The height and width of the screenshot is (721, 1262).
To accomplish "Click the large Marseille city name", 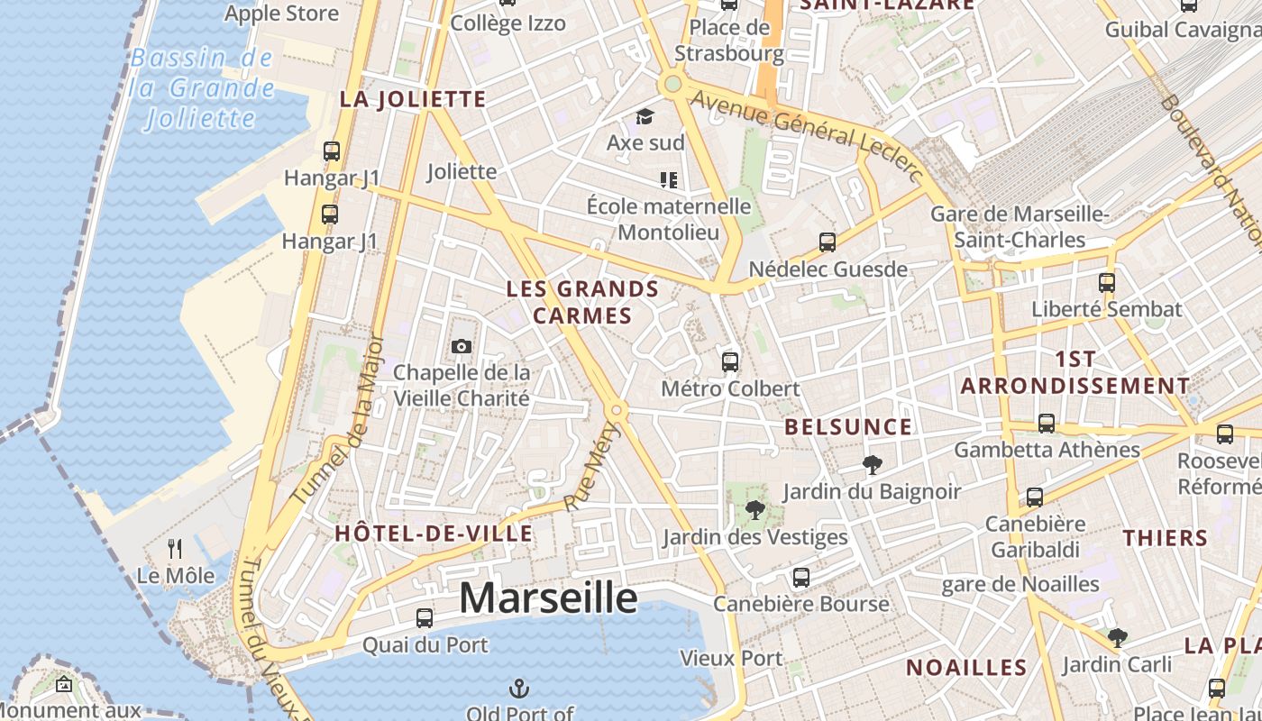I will tap(549, 598).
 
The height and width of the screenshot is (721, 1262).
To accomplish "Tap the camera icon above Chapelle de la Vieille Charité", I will tap(461, 347).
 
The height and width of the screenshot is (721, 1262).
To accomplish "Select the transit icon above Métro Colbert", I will tap(730, 362).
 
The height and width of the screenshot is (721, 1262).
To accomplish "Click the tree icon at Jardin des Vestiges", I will tap(755, 511).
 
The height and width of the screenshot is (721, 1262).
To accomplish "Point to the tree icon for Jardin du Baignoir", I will tap(872, 465).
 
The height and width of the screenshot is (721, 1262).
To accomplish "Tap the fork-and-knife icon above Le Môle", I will tap(176, 548).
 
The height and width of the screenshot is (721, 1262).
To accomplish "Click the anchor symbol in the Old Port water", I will tap(519, 689).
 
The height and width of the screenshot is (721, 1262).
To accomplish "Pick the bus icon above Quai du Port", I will tap(425, 618).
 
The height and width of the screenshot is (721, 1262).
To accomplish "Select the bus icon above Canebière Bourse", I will tap(800, 578).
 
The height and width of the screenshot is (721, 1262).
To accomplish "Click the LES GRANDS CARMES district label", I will tap(582, 302).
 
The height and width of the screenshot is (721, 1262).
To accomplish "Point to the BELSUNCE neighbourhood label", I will tap(848, 427).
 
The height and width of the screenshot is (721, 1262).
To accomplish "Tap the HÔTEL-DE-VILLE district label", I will tap(434, 534).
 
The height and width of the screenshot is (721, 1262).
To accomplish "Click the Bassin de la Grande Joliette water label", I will tap(201, 88).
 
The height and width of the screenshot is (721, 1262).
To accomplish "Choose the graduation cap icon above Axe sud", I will tap(645, 116).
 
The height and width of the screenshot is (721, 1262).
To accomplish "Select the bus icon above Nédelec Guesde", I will tap(828, 242).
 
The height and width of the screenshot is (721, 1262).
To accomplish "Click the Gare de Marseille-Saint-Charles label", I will tap(1019, 227).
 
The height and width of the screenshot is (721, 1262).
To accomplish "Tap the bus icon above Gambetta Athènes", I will tap(1047, 423).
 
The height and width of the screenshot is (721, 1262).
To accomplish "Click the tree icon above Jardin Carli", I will tap(1118, 638).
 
